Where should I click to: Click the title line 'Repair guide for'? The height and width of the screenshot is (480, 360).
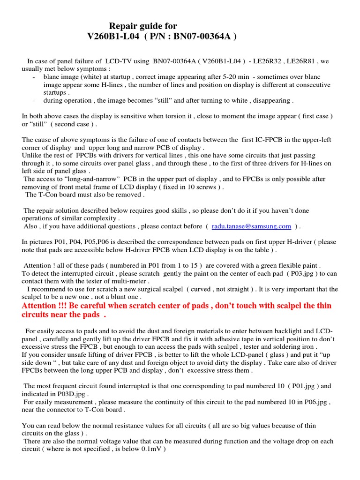click(143, 26)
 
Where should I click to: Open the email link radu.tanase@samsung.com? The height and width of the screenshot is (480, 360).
click(251, 226)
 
